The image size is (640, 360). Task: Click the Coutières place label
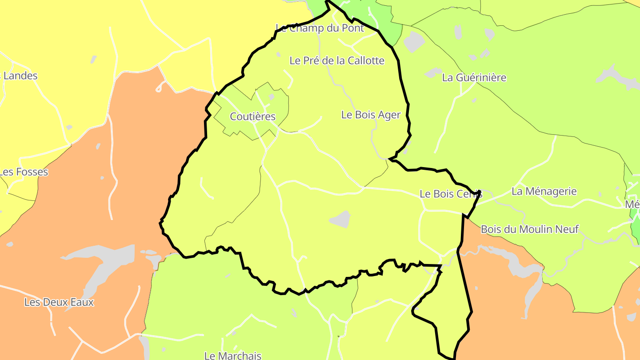(x=252, y=117)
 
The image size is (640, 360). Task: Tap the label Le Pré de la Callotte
(x=336, y=60)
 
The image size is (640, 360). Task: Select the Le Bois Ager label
(x=371, y=115)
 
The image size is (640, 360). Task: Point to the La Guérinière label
(x=474, y=78)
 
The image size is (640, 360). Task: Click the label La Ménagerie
(x=544, y=192)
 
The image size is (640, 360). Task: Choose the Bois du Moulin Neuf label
(x=530, y=229)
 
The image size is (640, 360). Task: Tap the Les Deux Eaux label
(x=59, y=303)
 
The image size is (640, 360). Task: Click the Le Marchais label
(x=232, y=356)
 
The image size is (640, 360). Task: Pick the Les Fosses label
(x=24, y=172)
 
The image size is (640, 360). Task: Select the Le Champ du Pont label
(x=320, y=28)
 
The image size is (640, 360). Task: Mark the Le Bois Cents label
(x=451, y=194)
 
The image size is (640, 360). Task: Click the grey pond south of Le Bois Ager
(x=340, y=219)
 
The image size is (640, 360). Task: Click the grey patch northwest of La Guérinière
(x=414, y=41)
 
